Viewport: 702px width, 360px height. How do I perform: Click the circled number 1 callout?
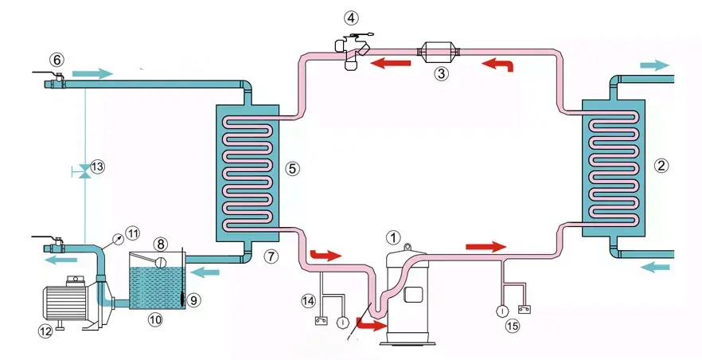[x=392, y=237]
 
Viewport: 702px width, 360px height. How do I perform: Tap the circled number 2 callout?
[x=660, y=166]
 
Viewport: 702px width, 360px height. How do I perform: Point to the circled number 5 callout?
[x=292, y=169]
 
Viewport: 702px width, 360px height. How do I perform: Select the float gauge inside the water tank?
[x=159, y=262]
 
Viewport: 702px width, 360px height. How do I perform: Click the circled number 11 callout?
[x=132, y=233]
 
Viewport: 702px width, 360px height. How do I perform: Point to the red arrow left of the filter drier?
[x=388, y=63]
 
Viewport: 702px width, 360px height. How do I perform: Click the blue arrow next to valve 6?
[x=90, y=73]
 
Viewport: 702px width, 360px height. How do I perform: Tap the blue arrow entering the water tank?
[x=207, y=272]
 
